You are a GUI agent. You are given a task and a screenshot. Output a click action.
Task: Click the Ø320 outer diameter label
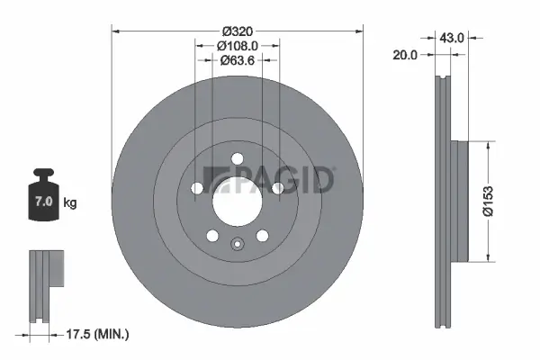tap(238, 29)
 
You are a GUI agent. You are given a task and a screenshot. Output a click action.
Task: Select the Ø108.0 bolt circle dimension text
tap(238, 44)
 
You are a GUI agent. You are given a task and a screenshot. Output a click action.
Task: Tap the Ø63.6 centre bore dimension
tap(238, 61)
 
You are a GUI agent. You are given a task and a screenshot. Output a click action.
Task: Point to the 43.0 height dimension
tap(451, 38)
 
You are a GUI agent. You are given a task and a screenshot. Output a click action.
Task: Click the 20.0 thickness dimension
tap(407, 55)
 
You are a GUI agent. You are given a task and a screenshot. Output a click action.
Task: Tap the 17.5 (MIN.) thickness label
tap(99, 334)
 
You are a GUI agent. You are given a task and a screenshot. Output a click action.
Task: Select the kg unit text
tap(70, 203)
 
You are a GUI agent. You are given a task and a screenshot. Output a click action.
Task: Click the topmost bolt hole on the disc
tap(238, 160)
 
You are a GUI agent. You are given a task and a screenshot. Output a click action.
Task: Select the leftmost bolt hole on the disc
tap(197, 188)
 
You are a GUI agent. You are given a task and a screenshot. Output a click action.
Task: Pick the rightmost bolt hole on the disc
tap(278, 188)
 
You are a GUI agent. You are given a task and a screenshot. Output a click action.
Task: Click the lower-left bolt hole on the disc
tap(212, 236)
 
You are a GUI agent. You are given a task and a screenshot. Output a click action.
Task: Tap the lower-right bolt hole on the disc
tap(263, 236)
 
